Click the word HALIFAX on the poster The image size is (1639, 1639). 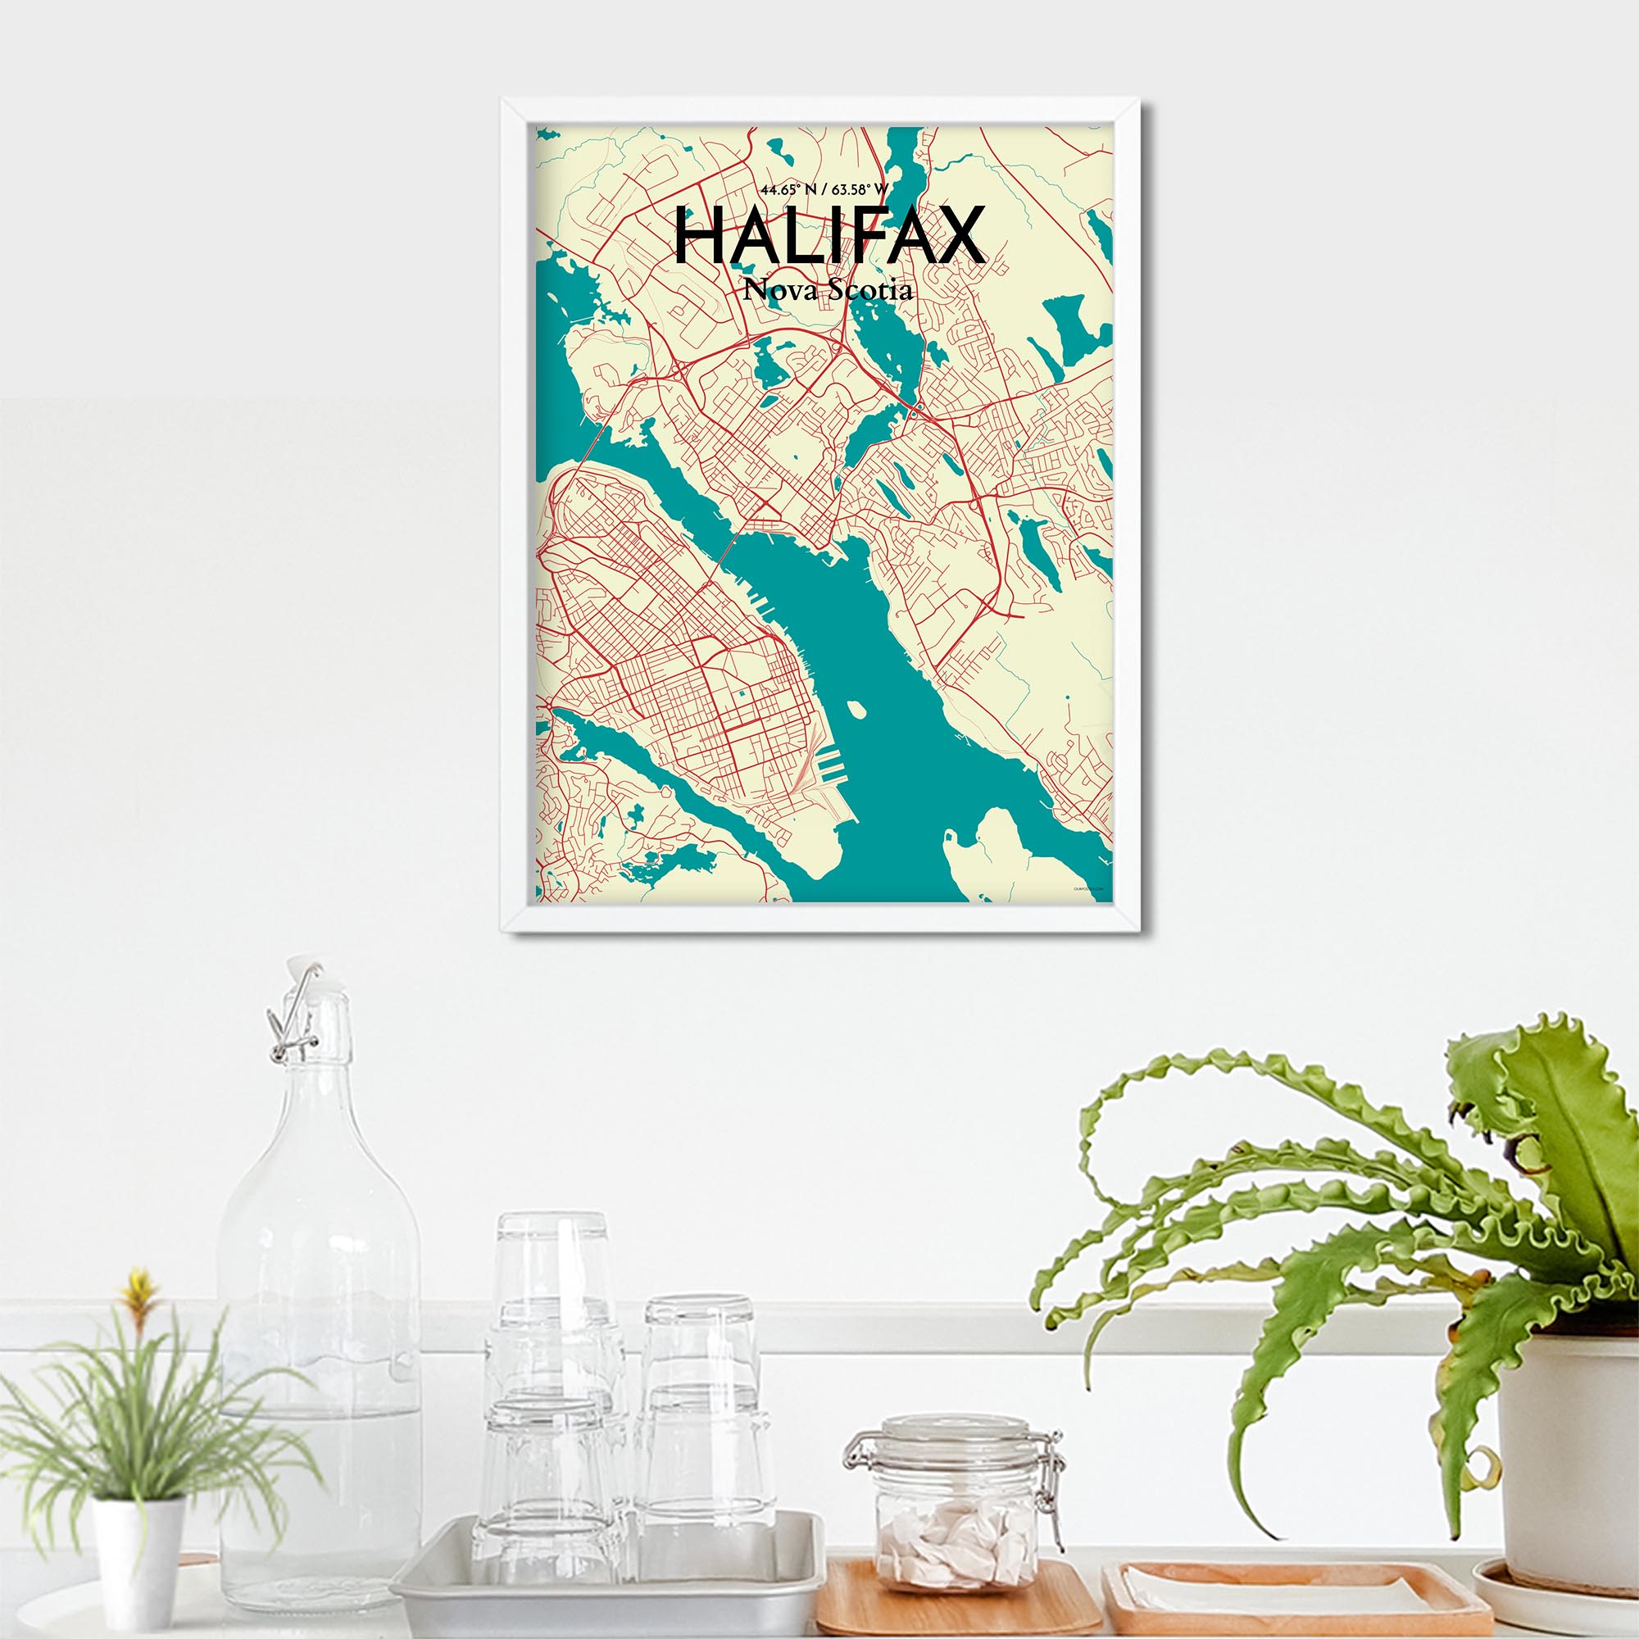click(829, 237)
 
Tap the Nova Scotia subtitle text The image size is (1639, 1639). click(828, 290)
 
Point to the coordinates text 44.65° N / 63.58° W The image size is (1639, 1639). click(824, 189)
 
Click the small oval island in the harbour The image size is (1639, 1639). click(856, 708)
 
